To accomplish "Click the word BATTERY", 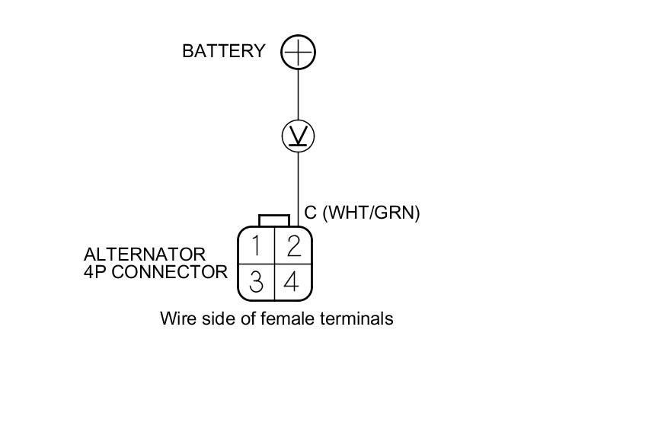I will pyautogui.click(x=224, y=51).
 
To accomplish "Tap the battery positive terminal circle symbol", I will pyautogui.click(x=298, y=52).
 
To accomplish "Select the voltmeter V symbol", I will pyautogui.click(x=298, y=136).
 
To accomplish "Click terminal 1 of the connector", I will pyautogui.click(x=257, y=246).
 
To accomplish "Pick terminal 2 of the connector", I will pyautogui.click(x=293, y=246).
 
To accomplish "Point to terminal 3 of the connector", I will pyautogui.click(x=257, y=282).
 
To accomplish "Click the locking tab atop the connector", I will pyautogui.click(x=274, y=221).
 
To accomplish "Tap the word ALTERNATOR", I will pyautogui.click(x=145, y=254).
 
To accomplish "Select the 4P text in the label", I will pyautogui.click(x=95, y=271).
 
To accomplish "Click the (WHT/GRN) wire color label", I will pyautogui.click(x=371, y=213).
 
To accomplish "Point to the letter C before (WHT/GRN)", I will pyautogui.click(x=311, y=213).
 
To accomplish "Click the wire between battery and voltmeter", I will pyautogui.click(x=298, y=94).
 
